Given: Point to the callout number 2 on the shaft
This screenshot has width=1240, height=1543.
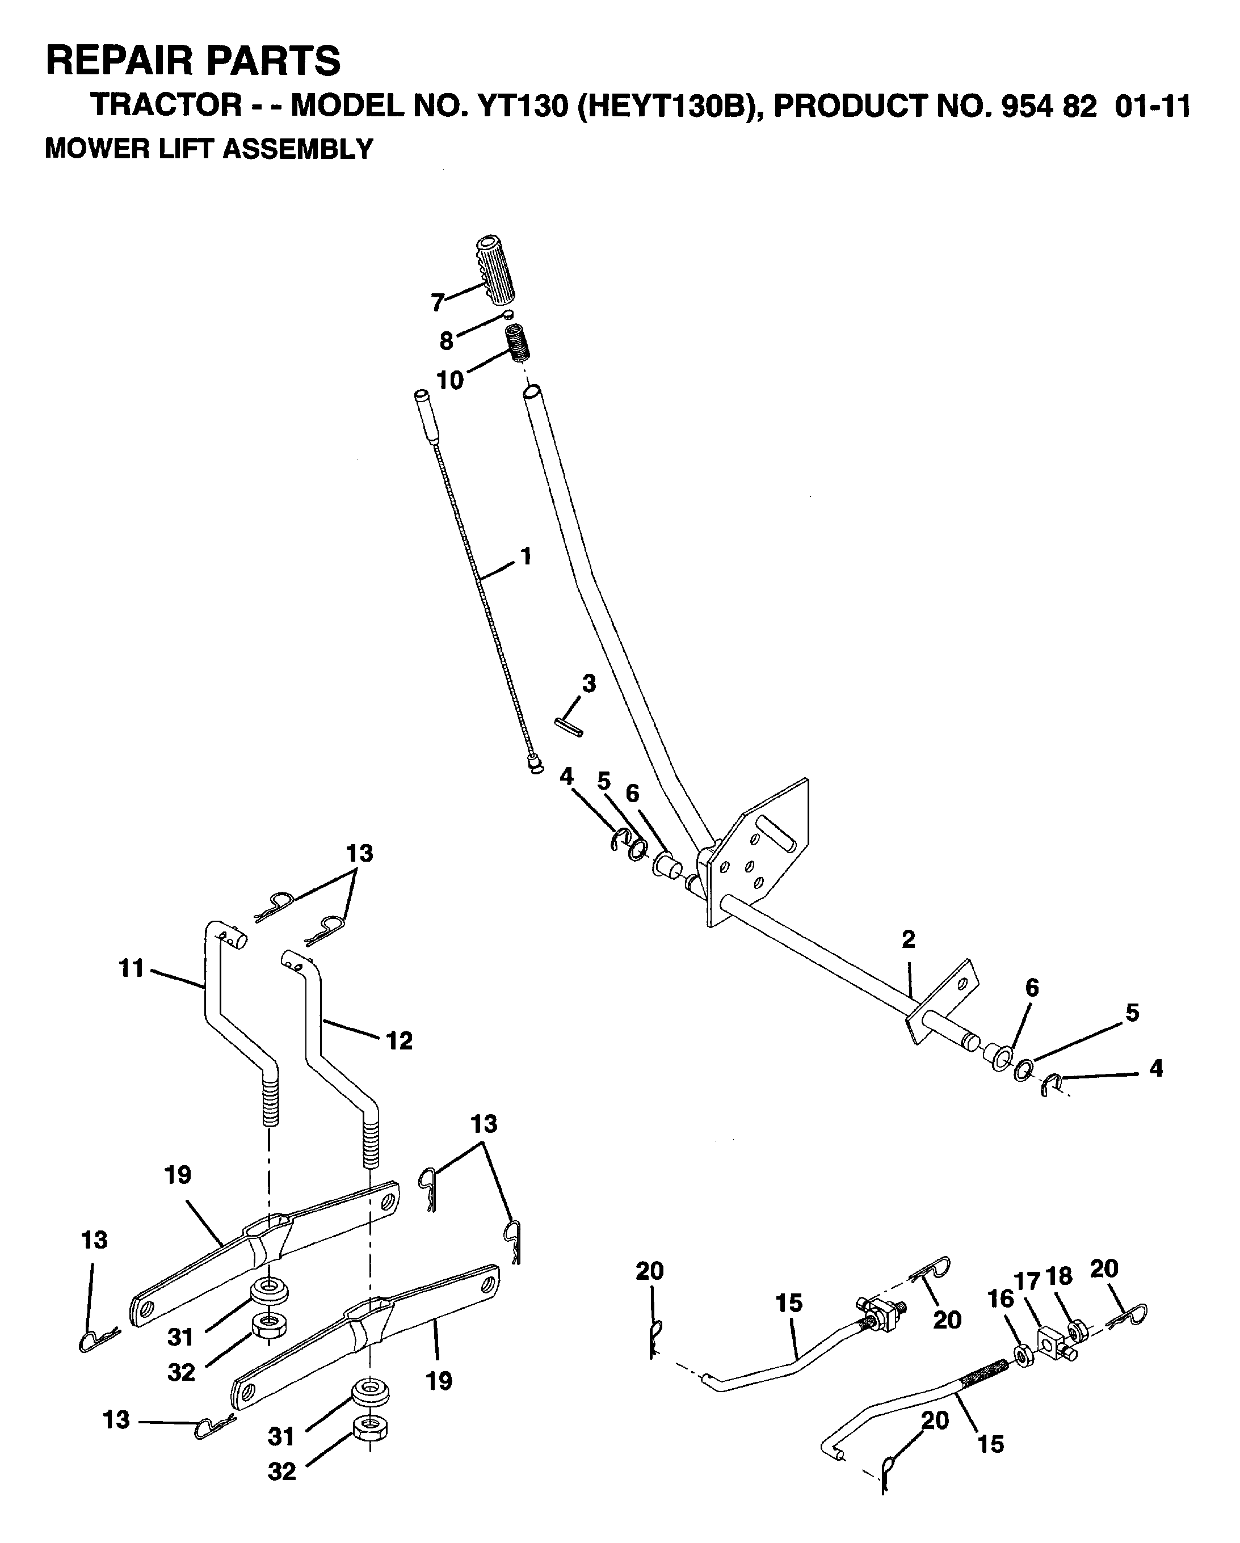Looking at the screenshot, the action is [909, 939].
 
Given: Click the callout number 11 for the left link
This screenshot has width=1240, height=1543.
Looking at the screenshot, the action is [132, 969].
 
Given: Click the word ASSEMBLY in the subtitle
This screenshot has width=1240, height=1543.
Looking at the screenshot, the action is [298, 149].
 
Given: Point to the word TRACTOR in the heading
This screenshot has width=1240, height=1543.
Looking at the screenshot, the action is [167, 106].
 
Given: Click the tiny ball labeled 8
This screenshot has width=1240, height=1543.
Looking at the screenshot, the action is [507, 314].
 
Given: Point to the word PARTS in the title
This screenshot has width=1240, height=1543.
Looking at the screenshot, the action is [274, 60].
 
